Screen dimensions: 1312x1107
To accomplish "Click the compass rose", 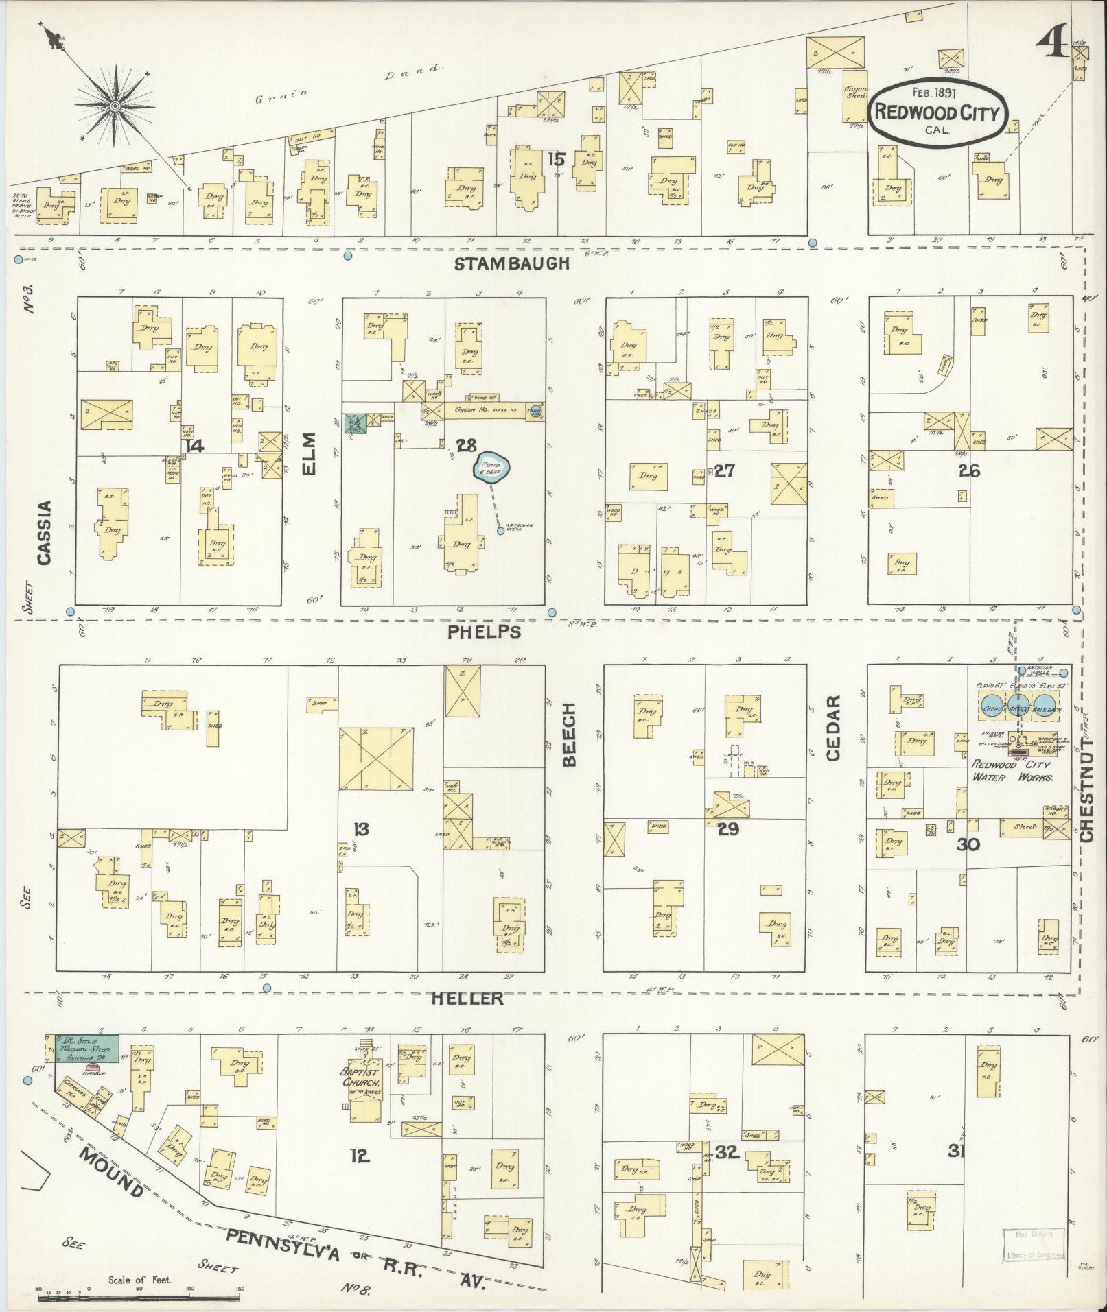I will click(x=115, y=107).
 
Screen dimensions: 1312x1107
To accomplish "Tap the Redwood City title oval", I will click(x=937, y=112).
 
